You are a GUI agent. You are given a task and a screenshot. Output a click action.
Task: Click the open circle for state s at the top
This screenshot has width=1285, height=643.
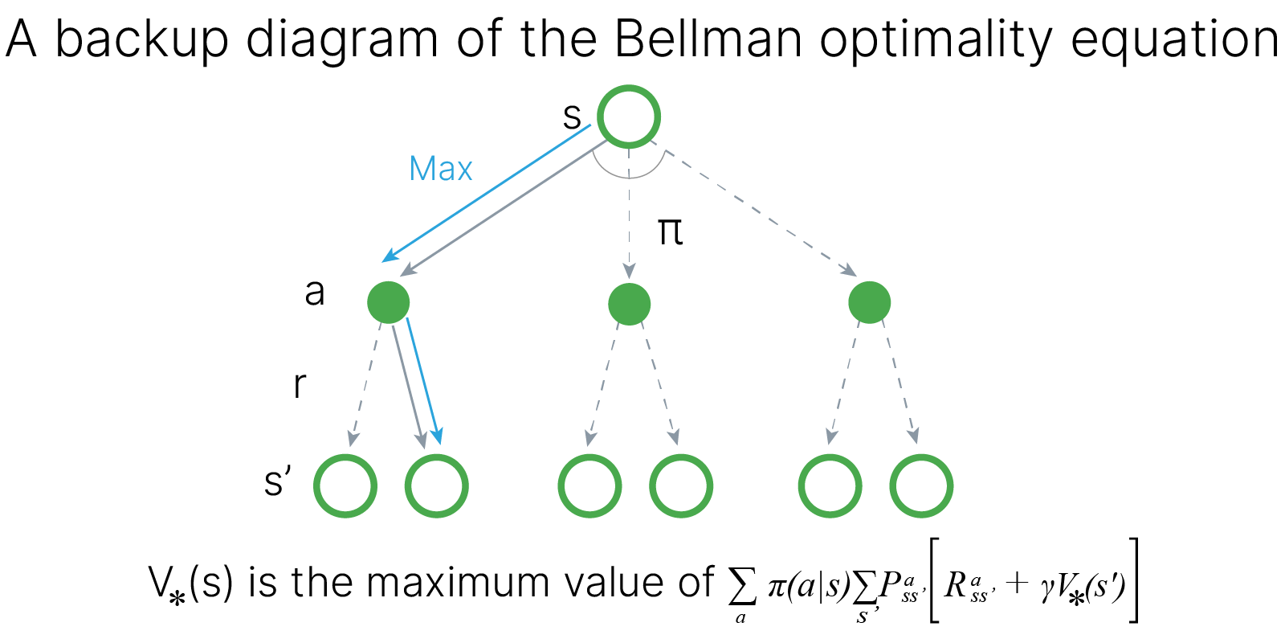(x=629, y=117)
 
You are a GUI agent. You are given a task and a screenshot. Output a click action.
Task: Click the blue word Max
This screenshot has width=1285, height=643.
(x=440, y=169)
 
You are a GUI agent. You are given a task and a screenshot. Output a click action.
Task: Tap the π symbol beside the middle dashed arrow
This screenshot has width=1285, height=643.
(x=670, y=231)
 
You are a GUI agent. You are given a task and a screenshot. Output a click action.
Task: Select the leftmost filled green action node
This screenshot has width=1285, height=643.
(x=389, y=303)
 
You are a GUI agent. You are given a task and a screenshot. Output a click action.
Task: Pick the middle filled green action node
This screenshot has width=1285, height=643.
(x=629, y=304)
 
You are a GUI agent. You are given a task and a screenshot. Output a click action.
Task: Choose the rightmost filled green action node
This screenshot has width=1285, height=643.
(x=870, y=303)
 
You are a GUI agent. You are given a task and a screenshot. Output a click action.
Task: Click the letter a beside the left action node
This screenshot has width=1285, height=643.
(x=315, y=291)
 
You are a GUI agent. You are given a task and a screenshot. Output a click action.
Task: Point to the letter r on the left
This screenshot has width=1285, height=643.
(x=300, y=384)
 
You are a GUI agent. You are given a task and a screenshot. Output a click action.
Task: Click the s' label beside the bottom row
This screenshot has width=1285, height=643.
(x=278, y=481)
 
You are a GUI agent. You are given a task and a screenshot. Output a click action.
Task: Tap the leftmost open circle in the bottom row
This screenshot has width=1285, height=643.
(x=345, y=486)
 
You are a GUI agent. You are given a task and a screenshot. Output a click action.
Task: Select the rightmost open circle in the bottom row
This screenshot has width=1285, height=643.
(x=921, y=486)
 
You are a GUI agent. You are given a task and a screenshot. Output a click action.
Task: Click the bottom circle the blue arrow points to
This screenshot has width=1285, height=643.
(x=437, y=486)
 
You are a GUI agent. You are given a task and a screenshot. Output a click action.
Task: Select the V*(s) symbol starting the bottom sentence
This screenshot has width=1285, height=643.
(x=190, y=584)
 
